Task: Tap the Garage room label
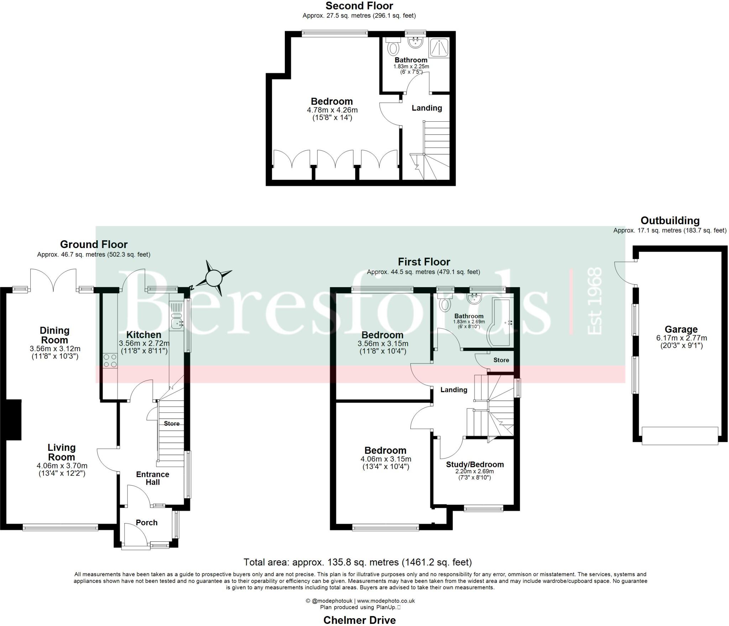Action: pyautogui.click(x=681, y=329)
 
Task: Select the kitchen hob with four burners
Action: pyautogui.click(x=110, y=361)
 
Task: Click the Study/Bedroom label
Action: pyautogui.click(x=475, y=464)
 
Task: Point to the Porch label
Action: pyautogui.click(x=147, y=522)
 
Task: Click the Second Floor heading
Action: pyautogui.click(x=359, y=6)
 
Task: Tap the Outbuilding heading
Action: pyautogui.click(x=670, y=221)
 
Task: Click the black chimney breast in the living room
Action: pyautogui.click(x=14, y=420)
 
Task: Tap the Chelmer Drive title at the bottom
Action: pyautogui.click(x=360, y=620)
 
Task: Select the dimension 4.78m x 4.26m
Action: pyautogui.click(x=332, y=110)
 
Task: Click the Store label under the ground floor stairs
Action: pyautogui.click(x=172, y=424)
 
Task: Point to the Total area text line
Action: pyautogui.click(x=357, y=562)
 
